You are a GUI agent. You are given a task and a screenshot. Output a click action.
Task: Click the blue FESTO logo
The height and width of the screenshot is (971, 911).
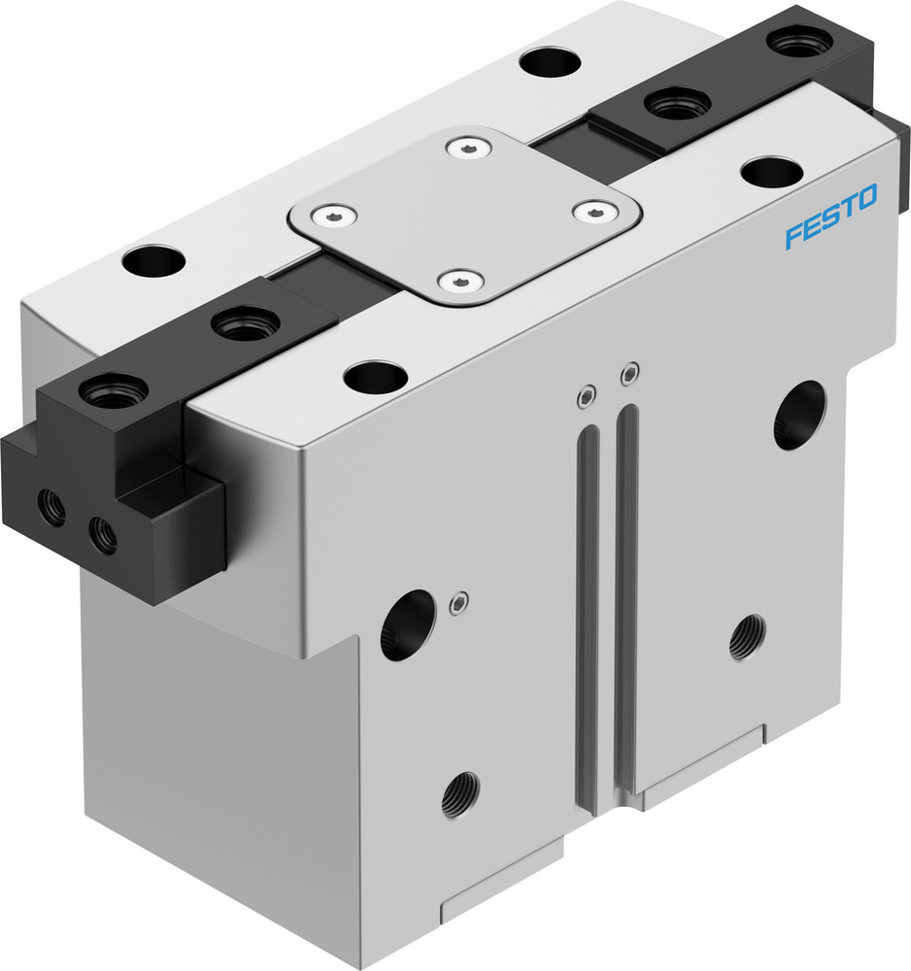coord(830,219)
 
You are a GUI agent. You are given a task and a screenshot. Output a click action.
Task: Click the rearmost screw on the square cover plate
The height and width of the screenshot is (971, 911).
coord(463,147)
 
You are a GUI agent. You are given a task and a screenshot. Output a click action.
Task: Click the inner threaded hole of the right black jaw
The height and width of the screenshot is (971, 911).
coord(677,102)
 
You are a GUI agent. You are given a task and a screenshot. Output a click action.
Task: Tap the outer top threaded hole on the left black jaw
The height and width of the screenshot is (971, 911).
coord(114,391)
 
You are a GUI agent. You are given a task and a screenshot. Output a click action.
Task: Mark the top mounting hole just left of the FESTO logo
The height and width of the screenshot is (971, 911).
coord(771,171)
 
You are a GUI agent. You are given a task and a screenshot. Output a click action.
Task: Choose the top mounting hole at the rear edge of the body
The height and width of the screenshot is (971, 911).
coord(549,62)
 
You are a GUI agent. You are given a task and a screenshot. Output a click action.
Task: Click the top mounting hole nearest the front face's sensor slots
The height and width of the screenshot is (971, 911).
coord(375,377)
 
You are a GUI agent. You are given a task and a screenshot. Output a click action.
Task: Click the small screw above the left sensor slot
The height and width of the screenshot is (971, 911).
coord(586,395)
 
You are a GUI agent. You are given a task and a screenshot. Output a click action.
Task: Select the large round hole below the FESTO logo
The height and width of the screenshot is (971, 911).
coord(799,415)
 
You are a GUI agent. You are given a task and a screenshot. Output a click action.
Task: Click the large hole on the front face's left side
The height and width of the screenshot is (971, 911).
coord(407,626)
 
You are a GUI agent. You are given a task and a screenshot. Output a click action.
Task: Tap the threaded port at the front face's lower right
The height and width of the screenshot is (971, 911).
coord(746,638)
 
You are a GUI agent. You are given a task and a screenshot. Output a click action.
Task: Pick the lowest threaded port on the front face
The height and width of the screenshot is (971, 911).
coord(459,795)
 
